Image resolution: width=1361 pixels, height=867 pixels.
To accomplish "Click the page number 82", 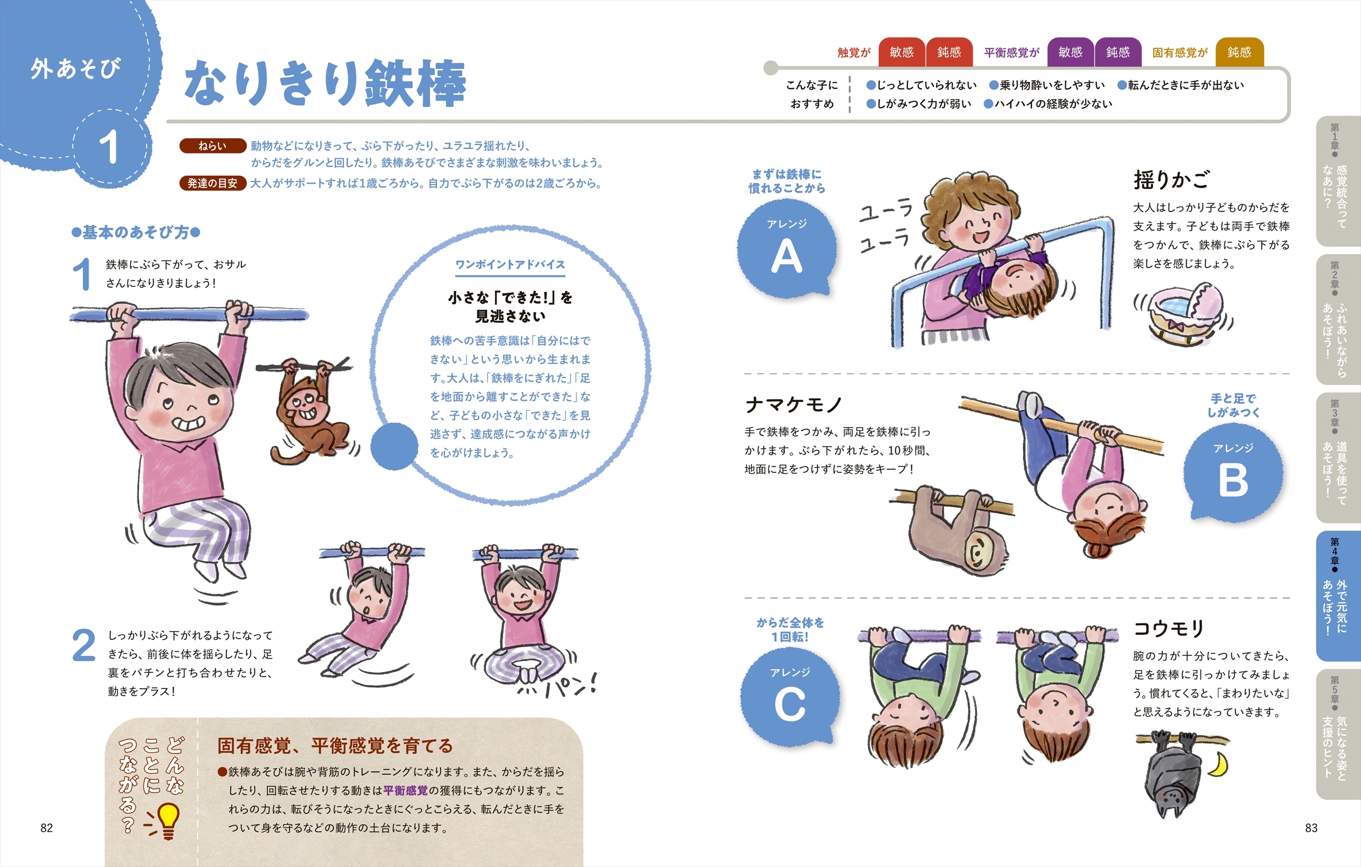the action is pyautogui.click(x=46, y=828).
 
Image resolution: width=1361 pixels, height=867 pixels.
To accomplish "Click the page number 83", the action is pyautogui.click(x=1311, y=828).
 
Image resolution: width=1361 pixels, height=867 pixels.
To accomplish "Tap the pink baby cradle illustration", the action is pyautogui.click(x=1182, y=313).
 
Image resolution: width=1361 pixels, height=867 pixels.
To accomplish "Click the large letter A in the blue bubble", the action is pyautogui.click(x=787, y=256).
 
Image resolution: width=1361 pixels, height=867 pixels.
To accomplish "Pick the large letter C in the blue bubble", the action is pyautogui.click(x=789, y=705).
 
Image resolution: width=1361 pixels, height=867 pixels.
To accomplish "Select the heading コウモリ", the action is pyautogui.click(x=1169, y=628).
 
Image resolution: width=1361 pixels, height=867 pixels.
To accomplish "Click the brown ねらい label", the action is pyautogui.click(x=212, y=146).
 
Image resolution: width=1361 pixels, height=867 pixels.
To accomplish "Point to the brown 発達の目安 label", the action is pyautogui.click(x=212, y=183).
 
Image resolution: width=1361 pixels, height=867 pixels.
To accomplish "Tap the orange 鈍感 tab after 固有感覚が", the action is pyautogui.click(x=1240, y=53).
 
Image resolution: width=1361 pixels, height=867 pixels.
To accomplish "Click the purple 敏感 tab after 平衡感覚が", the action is pyautogui.click(x=1070, y=53).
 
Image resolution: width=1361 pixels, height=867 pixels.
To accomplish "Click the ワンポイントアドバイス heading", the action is pyautogui.click(x=510, y=265).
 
